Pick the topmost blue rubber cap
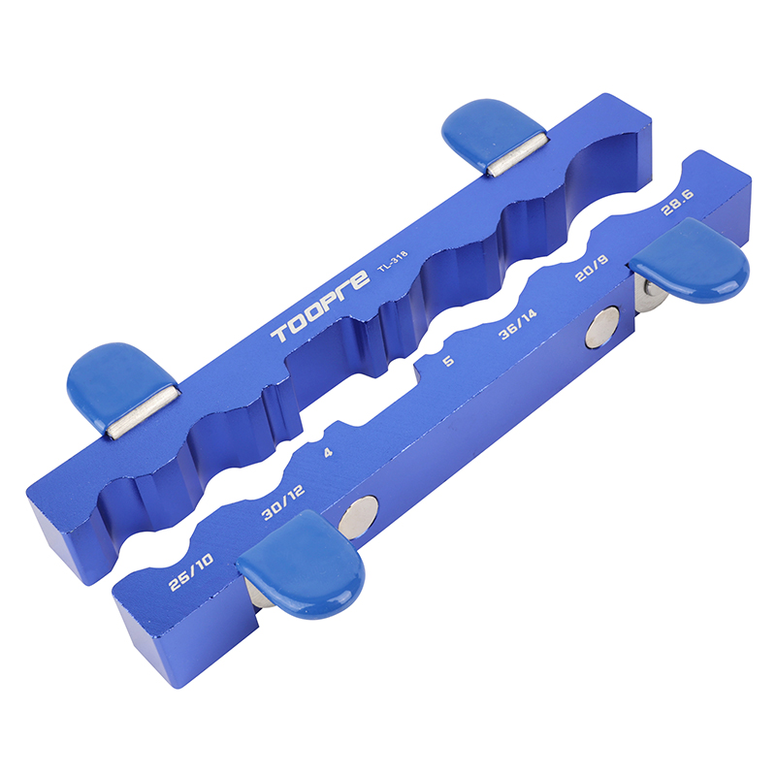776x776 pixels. pyautogui.click(x=489, y=131)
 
